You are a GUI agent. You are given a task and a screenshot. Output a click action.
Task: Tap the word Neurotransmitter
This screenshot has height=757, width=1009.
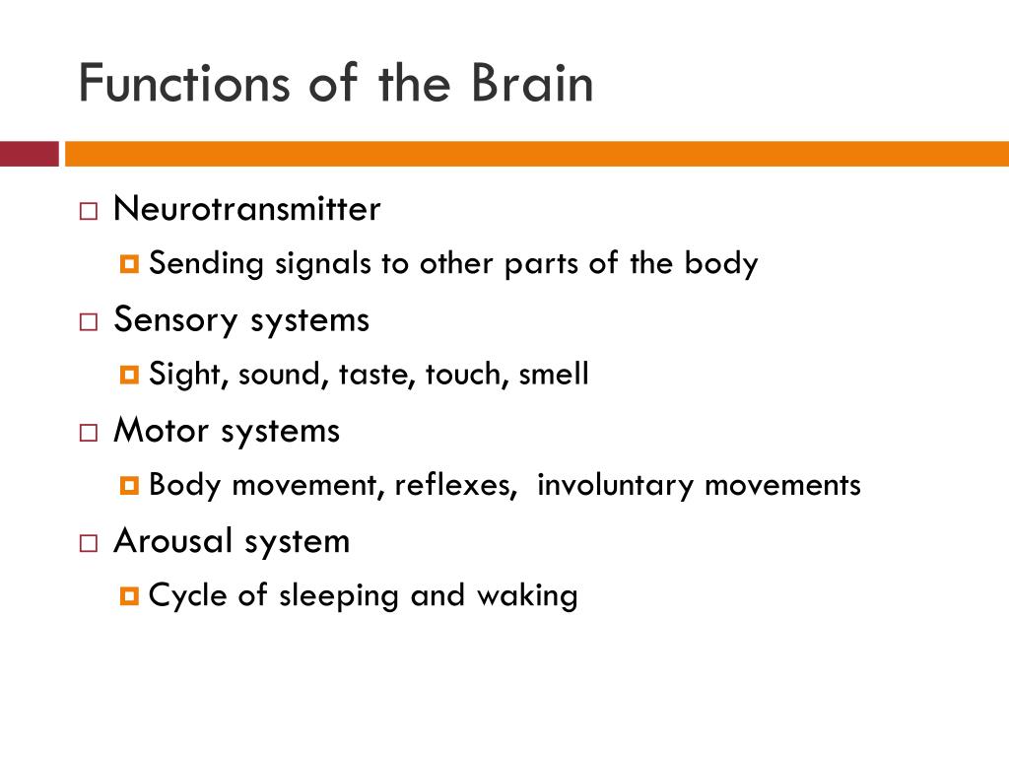click(x=246, y=209)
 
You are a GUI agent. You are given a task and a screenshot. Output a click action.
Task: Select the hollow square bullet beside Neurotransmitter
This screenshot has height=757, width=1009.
click(x=90, y=211)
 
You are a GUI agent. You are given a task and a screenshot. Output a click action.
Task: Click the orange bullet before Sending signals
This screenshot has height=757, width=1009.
click(x=131, y=265)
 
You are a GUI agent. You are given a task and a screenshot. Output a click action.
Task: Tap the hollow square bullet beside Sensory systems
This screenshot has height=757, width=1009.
click(x=90, y=321)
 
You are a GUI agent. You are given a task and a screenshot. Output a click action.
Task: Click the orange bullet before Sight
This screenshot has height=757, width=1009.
click(x=131, y=376)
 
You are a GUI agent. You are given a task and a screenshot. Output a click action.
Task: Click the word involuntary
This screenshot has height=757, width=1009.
click(x=616, y=485)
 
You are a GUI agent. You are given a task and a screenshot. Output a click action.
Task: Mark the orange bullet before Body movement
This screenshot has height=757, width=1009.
click(x=131, y=486)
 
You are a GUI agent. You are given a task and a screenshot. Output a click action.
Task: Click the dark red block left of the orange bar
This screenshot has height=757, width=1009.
click(x=29, y=154)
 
